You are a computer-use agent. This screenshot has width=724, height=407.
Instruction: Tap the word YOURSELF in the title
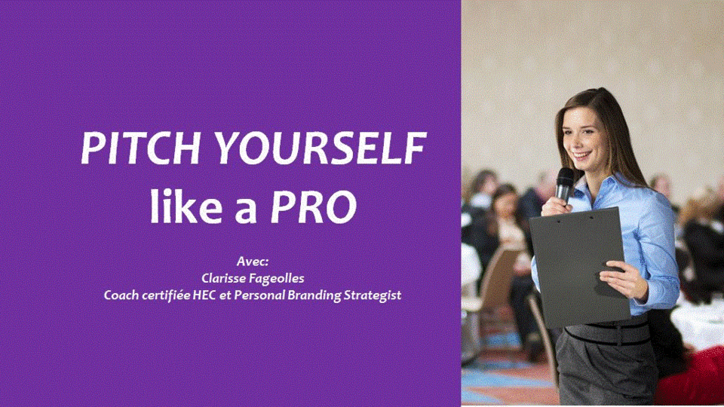pyautogui.click(x=321, y=148)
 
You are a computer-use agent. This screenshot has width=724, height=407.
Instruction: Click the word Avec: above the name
pyautogui.click(x=253, y=262)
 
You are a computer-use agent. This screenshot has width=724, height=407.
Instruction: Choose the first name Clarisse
pyautogui.click(x=223, y=278)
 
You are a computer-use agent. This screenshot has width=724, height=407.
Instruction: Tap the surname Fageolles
pyautogui.click(x=277, y=279)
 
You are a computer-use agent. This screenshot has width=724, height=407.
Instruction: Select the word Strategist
pyautogui.click(x=373, y=295)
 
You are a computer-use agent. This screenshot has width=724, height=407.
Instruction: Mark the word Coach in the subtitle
pyautogui.click(x=121, y=295)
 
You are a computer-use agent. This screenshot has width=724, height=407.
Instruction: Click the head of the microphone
pyautogui.click(x=565, y=178)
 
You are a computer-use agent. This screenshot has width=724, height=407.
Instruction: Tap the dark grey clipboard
pyautogui.click(x=579, y=268)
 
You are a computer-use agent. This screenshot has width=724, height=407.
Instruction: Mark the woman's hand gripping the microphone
pyautogui.click(x=557, y=206)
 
